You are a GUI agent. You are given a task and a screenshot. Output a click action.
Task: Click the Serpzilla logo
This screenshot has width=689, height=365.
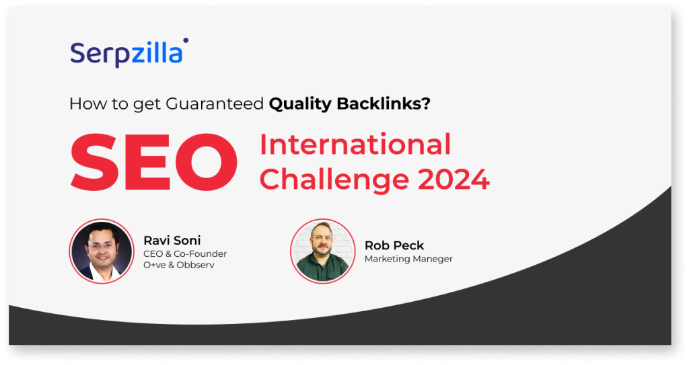click(129, 53)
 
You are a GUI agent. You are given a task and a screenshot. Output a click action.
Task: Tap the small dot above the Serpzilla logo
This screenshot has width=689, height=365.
click(186, 40)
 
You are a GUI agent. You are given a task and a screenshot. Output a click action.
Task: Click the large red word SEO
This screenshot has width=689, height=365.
click(154, 162)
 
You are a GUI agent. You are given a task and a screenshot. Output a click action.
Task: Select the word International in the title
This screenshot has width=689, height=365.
click(355, 145)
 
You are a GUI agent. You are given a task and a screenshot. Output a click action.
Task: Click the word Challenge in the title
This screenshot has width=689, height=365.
click(334, 179)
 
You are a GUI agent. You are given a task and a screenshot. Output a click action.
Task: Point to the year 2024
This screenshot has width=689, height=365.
click(454, 179)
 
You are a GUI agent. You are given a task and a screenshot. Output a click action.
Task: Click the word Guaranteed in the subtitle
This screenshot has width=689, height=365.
click(215, 104)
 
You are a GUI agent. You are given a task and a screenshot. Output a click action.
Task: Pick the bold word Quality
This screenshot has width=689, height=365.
click(300, 104)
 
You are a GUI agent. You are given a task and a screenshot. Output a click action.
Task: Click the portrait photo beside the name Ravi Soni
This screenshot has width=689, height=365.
click(102, 251)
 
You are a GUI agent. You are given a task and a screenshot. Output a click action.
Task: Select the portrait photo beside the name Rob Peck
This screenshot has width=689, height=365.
click(322, 251)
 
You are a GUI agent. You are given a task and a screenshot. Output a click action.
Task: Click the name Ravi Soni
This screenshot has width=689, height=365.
click(172, 240)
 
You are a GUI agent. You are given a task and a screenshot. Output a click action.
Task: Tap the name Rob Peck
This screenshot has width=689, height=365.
click(394, 245)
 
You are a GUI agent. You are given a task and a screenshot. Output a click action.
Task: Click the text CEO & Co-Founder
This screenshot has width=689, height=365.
click(185, 254)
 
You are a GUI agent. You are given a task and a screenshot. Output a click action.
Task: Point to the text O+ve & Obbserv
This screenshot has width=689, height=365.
click(179, 265)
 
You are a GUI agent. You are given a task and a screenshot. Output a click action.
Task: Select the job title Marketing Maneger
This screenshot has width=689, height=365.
click(408, 259)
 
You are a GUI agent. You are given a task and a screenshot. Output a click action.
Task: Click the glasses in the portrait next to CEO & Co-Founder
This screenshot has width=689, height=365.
click(101, 245)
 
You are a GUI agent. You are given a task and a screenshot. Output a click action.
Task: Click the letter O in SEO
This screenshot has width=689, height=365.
click(207, 162)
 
